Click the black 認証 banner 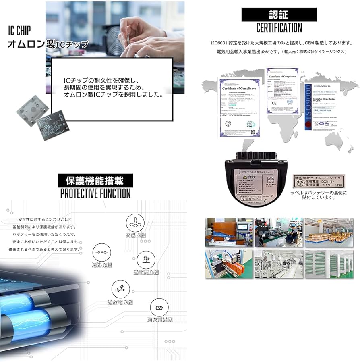pos(278,15)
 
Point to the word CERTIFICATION pos(279,28)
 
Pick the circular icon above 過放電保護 pos(120,289)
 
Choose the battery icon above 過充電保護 pos(159,308)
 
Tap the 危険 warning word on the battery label pos(252,176)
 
